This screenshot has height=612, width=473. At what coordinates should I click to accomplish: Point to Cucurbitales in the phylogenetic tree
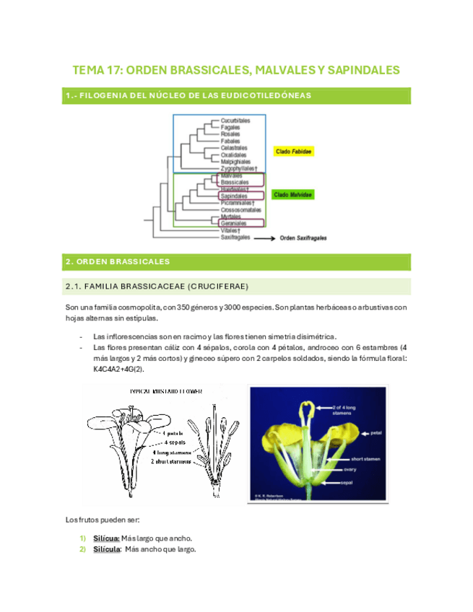click(x=235, y=121)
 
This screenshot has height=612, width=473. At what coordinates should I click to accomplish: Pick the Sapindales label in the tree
click(x=235, y=196)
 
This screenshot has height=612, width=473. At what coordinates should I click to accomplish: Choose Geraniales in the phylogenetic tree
click(x=235, y=223)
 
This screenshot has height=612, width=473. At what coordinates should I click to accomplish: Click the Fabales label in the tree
click(x=231, y=141)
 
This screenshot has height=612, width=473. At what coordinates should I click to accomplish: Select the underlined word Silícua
click(x=105, y=538)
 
